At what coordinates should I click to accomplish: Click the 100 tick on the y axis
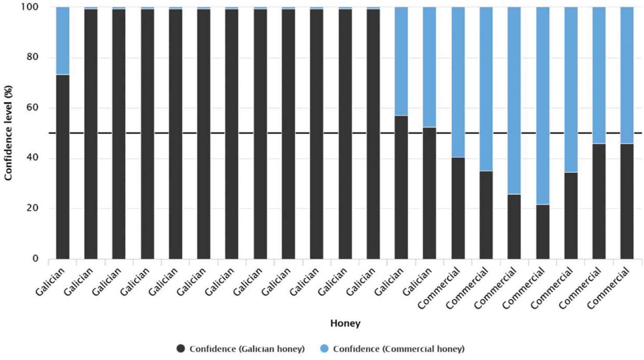coord(31,7)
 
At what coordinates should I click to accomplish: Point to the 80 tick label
coord(32,57)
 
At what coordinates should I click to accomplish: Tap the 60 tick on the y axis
coord(32,108)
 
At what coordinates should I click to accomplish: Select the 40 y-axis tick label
coord(32,158)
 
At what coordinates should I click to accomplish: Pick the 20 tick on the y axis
coord(32,208)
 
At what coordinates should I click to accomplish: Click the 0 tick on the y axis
coord(35,258)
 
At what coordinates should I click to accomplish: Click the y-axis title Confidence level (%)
coord(8,133)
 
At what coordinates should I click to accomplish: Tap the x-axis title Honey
coord(345,324)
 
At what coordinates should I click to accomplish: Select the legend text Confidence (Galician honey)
coord(247,349)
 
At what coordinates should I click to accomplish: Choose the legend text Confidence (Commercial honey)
coord(398,349)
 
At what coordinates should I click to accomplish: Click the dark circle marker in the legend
coord(181,349)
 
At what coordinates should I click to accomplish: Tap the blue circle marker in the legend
coord(324,349)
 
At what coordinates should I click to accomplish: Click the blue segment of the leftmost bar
coord(63,41)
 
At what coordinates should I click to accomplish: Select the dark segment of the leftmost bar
coord(63,166)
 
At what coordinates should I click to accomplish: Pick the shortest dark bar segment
coord(542,232)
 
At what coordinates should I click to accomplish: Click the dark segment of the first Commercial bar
coord(458,208)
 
